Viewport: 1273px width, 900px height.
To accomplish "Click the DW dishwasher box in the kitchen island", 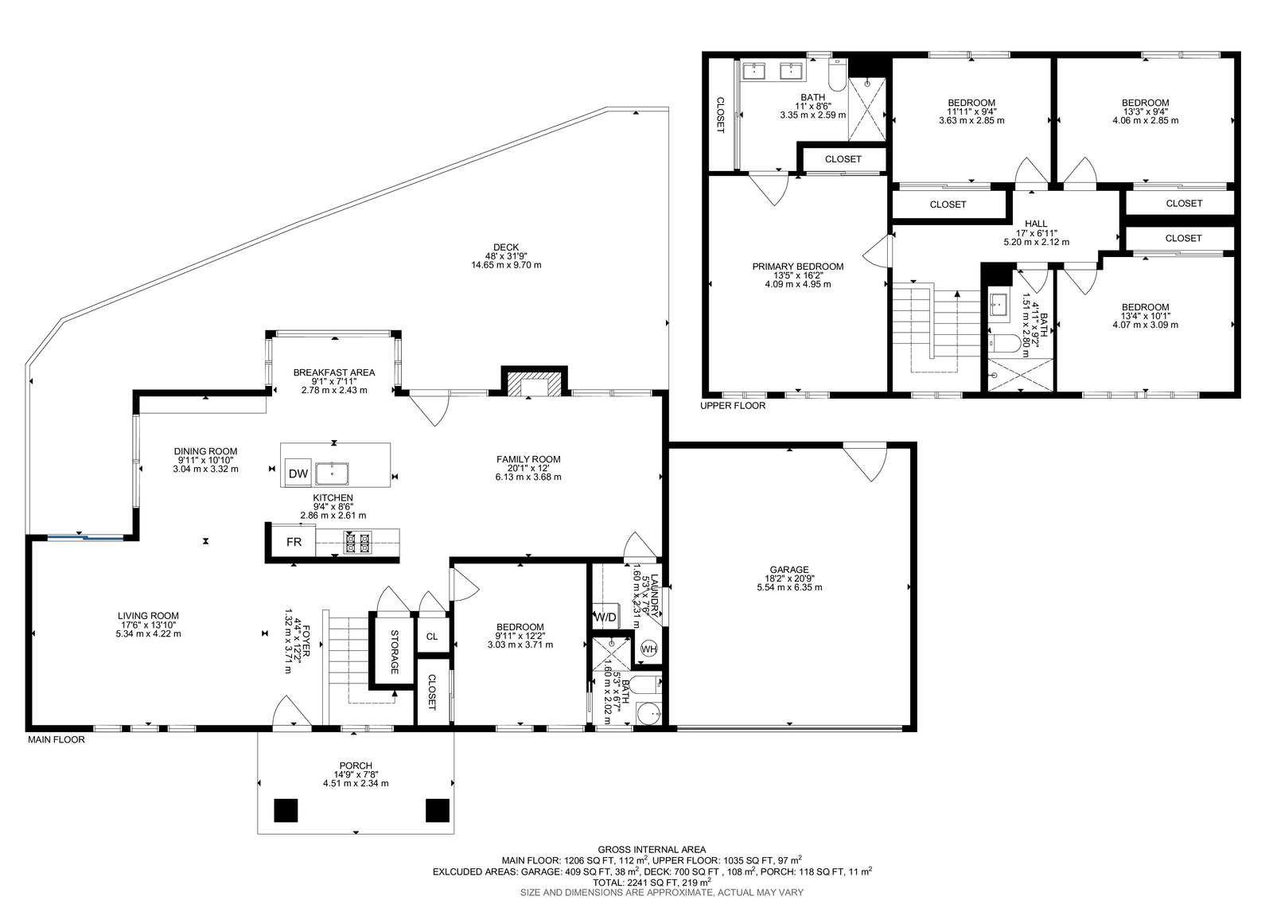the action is [x=298, y=473].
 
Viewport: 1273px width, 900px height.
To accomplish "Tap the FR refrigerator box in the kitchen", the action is [x=294, y=542].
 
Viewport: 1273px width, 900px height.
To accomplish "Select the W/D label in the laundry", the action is [x=605, y=618].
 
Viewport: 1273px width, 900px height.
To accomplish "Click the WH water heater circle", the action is [x=649, y=649].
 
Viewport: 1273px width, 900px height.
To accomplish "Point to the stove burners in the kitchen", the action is [x=357, y=543].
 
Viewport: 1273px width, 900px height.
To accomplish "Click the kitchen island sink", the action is [x=332, y=473].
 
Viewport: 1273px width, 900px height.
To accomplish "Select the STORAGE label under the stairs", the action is [x=394, y=652].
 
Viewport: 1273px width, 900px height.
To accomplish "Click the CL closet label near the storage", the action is [x=432, y=636].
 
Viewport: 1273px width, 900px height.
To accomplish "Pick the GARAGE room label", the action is [x=788, y=569].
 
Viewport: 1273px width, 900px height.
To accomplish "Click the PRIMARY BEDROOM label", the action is [x=798, y=266].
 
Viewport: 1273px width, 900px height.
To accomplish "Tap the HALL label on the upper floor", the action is [x=1036, y=224].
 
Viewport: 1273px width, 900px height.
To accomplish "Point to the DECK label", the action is [x=506, y=247].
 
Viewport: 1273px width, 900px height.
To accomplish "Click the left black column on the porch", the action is [x=286, y=810].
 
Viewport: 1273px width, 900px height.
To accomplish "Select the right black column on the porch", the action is [x=438, y=810].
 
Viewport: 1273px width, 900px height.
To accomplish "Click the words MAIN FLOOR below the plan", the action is [x=56, y=740].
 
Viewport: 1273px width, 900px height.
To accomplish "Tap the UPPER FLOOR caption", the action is [x=733, y=405].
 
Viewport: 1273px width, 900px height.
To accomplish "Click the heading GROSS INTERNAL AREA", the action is [x=652, y=850].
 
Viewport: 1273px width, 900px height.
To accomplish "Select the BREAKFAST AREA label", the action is [x=334, y=372].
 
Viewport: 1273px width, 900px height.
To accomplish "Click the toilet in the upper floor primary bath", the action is [x=838, y=76].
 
